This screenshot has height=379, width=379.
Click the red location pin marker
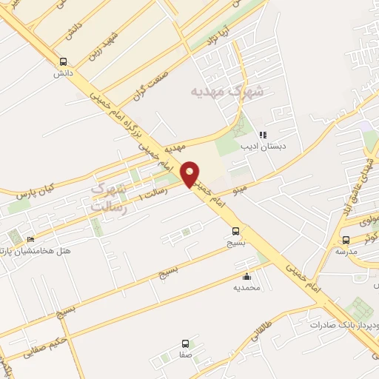pyautogui.click(x=190, y=175)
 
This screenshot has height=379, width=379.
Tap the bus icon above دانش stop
pyautogui.click(x=63, y=62)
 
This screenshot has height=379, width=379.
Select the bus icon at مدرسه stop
pyautogui.click(x=346, y=240)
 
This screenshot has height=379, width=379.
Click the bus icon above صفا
pyautogui.click(x=185, y=343)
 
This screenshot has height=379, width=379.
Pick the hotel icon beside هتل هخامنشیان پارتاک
pyautogui.click(x=30, y=240)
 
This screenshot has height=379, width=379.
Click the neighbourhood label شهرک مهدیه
pyautogui.click(x=217, y=91)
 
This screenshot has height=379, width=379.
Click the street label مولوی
pyautogui.click(x=368, y=221)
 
